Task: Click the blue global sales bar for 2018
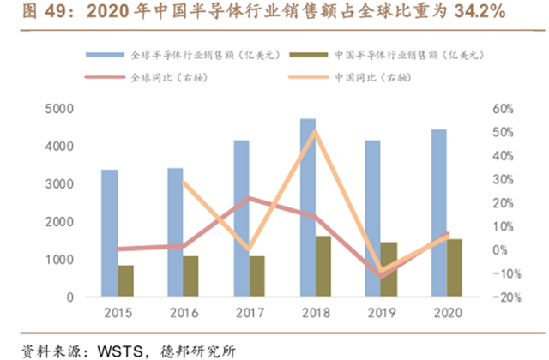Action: coord(308,207)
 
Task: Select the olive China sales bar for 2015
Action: coord(126,281)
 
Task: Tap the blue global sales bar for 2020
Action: coord(438,213)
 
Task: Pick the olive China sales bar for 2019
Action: coord(389,269)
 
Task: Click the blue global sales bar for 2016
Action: coord(175,232)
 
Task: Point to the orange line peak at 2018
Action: coord(315,132)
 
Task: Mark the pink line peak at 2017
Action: coord(249,198)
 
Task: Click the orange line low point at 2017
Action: coord(249,249)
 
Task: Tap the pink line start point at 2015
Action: coord(118,249)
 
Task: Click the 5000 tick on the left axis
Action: coord(59,109)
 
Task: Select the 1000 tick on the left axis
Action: coord(59,260)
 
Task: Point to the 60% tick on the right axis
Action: coord(503,109)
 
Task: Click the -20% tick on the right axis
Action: coord(507,297)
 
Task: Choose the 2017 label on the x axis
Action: coord(250,313)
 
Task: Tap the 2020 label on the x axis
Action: coord(448,313)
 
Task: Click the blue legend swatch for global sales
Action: coord(105,55)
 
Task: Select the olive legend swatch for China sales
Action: coord(309,55)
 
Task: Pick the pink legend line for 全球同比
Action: coord(105,77)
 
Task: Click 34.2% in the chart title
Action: coord(480,11)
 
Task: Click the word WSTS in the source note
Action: coord(120,351)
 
